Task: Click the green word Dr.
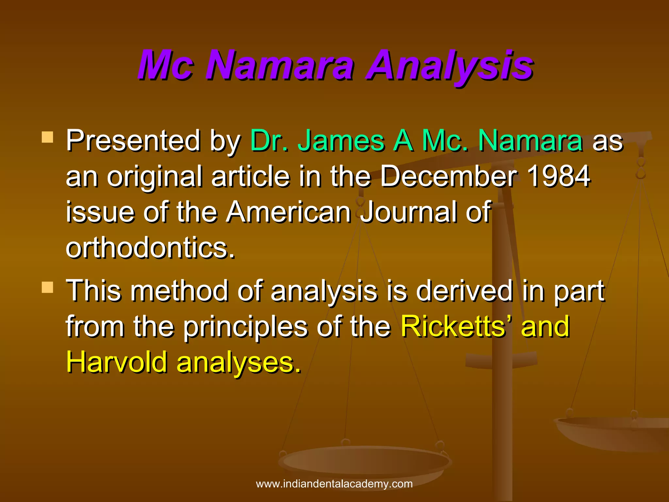click(269, 141)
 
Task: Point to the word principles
click(245, 327)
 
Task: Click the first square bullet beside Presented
click(48, 137)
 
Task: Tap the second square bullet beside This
click(48, 288)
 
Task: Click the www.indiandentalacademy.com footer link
click(334, 484)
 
